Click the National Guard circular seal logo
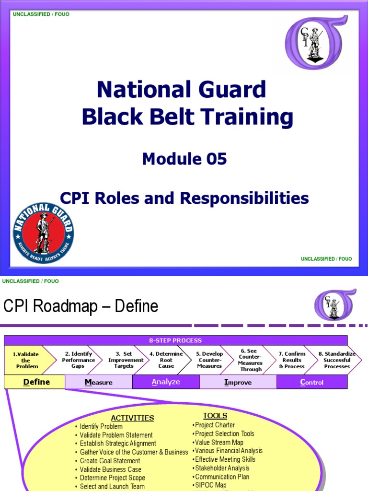(44, 233)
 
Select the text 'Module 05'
(184, 159)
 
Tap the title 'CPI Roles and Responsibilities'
(184, 198)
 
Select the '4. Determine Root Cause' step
(166, 360)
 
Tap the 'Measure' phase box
(99, 382)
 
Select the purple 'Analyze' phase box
(166, 382)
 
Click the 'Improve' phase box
(238, 382)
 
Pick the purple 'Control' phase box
(311, 382)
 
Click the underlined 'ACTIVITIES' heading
(132, 418)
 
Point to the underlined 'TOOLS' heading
(215, 416)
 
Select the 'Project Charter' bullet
(215, 425)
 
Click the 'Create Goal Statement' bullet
(110, 461)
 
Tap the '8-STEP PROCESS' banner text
(175, 340)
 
